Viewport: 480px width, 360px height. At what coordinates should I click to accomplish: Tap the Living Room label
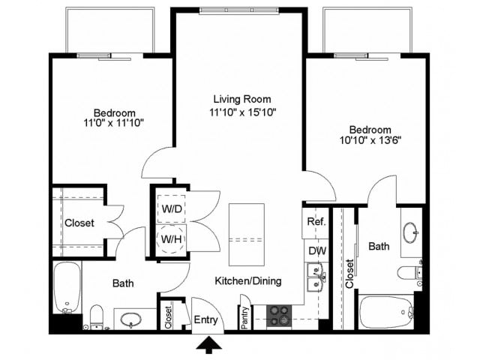click(x=241, y=99)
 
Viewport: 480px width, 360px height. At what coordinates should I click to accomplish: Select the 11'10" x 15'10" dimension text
click(x=241, y=112)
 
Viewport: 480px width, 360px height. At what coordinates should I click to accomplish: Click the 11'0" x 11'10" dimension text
click(x=114, y=121)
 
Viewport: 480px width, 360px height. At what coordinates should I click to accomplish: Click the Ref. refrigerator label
click(x=315, y=223)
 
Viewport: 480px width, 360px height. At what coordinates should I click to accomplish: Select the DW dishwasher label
click(x=315, y=251)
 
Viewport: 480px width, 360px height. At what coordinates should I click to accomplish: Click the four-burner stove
click(x=279, y=316)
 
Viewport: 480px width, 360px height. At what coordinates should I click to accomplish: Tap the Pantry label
click(x=244, y=315)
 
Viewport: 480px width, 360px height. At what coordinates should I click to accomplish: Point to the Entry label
click(x=205, y=321)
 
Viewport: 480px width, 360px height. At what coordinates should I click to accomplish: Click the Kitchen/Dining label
click(x=248, y=281)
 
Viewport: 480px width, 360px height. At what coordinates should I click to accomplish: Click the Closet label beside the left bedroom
click(x=79, y=223)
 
